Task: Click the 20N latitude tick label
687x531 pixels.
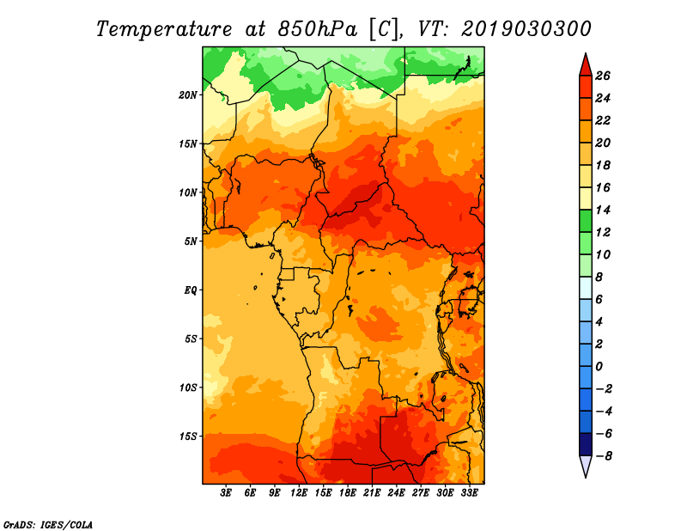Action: point(188,95)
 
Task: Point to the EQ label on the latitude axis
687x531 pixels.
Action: point(191,290)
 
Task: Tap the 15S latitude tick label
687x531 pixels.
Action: point(188,436)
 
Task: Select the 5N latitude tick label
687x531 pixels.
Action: point(191,241)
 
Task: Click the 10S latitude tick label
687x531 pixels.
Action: point(188,388)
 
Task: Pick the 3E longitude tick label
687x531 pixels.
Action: point(226,493)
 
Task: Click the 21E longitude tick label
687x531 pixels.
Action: point(372,493)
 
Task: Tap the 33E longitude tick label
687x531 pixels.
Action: point(469,493)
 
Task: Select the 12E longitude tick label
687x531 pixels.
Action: point(299,493)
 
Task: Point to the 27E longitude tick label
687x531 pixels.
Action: point(421,493)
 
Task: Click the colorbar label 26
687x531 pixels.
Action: point(603,76)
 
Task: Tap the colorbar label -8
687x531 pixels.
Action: point(604,456)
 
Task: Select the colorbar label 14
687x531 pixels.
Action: point(603,211)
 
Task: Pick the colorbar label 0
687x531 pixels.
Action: point(599,367)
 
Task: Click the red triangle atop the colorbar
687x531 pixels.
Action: point(586,65)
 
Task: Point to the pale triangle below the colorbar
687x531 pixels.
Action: point(586,466)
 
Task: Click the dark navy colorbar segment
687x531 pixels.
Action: point(586,444)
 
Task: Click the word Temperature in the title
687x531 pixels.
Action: point(164,29)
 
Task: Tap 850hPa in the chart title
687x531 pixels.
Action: point(317,29)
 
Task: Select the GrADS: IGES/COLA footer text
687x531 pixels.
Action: point(48,525)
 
